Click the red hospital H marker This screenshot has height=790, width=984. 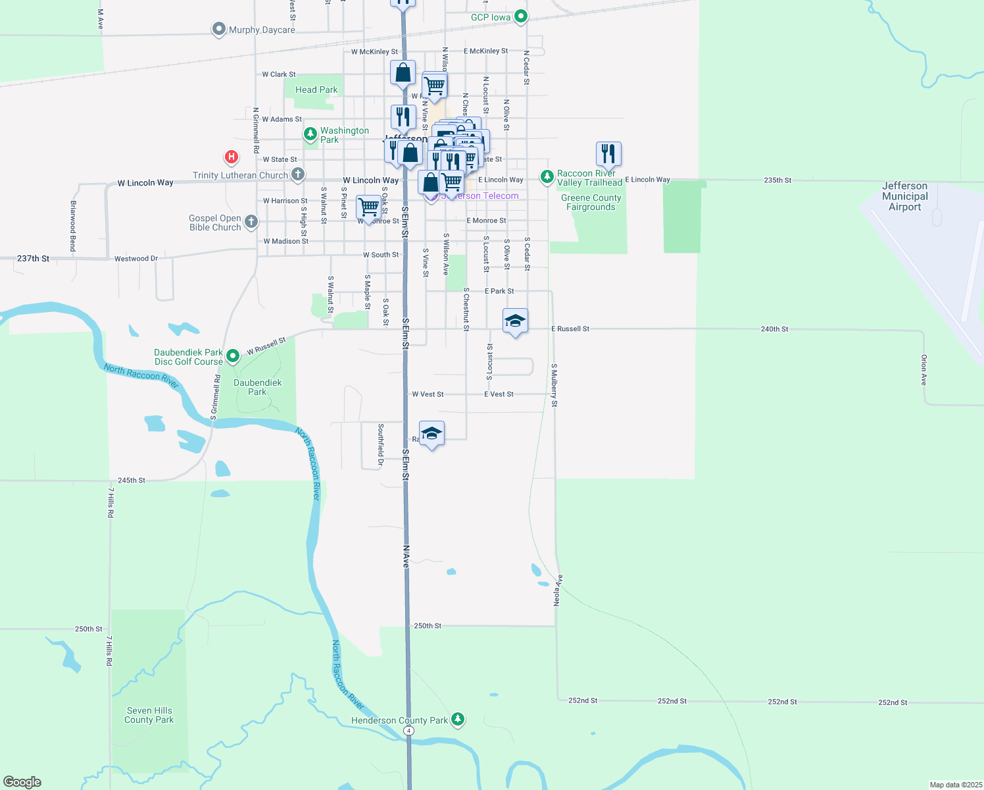(231, 157)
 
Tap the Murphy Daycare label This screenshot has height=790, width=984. (262, 30)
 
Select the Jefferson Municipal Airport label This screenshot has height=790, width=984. (904, 196)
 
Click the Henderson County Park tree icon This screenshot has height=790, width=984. (458, 720)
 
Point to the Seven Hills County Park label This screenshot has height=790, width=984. (149, 715)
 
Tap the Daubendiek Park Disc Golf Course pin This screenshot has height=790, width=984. (232, 356)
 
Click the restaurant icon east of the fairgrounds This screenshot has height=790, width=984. (608, 154)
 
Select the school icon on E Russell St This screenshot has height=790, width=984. (515, 321)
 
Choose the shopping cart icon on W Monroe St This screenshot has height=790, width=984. (368, 207)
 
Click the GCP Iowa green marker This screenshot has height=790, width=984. (520, 16)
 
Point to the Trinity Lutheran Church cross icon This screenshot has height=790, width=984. (298, 174)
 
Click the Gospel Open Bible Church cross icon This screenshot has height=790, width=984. (251, 222)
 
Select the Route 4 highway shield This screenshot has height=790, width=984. (409, 731)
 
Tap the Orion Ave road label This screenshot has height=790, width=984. (923, 370)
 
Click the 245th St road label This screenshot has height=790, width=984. (132, 481)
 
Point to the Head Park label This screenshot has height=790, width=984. (316, 90)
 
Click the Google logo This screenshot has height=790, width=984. (22, 782)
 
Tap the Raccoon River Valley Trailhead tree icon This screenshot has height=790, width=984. (547, 176)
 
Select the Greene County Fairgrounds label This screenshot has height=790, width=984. (591, 202)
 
